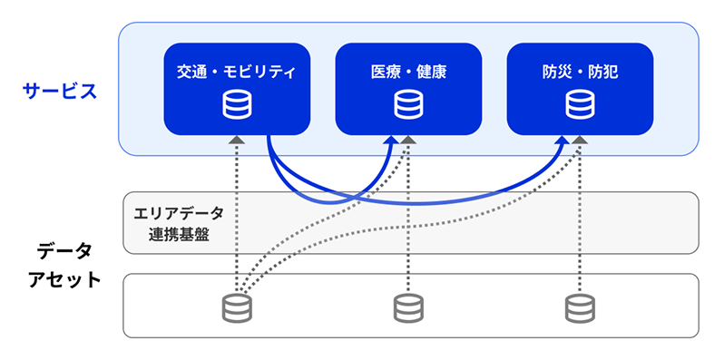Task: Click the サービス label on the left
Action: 59,91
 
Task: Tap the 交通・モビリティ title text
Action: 236,71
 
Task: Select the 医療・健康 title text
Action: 408,71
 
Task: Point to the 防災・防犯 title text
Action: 580,71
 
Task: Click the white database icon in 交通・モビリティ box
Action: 237,105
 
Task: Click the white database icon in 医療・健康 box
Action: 408,105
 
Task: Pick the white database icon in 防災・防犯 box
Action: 580,105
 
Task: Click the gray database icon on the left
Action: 237,308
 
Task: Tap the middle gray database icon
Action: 408,308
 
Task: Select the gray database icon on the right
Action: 580,308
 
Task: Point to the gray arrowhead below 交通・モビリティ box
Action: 237,140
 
